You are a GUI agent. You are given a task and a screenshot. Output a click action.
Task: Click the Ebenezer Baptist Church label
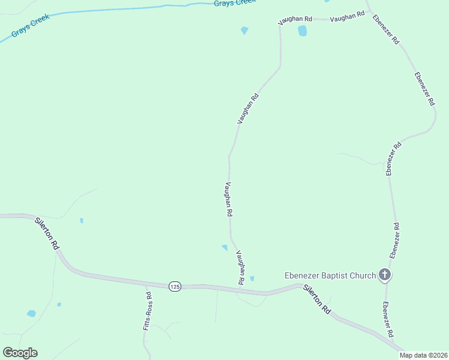pyautogui.click(x=330, y=276)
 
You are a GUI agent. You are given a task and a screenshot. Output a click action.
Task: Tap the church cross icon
pyautogui.click(x=385, y=275)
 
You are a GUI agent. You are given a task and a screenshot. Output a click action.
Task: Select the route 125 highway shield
pyautogui.click(x=175, y=287)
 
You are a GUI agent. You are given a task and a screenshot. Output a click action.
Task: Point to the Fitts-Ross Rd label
pyautogui.click(x=147, y=311)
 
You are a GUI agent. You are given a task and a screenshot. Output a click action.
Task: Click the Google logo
pyautogui.click(x=20, y=353)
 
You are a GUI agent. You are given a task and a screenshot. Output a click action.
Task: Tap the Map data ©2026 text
pyautogui.click(x=424, y=355)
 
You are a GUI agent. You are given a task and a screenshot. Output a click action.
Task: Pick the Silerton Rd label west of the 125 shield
pyautogui.click(x=47, y=233)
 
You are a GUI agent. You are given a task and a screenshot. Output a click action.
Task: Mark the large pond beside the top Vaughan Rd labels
pyautogui.click(x=302, y=30)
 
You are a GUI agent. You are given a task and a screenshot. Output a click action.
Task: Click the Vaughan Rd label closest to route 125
pyautogui.click(x=240, y=267)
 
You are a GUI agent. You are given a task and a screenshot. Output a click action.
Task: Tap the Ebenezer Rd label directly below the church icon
pyautogui.click(x=388, y=319)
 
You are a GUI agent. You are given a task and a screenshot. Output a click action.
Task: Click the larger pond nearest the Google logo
pyautogui.click(x=31, y=313)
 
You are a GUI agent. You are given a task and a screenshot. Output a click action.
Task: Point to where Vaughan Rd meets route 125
pyautogui.click(x=240, y=290)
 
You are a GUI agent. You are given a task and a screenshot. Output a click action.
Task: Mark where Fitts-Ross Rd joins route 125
pyautogui.click(x=146, y=284)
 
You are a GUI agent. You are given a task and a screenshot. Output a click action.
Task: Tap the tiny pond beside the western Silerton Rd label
pyautogui.click(x=81, y=220)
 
